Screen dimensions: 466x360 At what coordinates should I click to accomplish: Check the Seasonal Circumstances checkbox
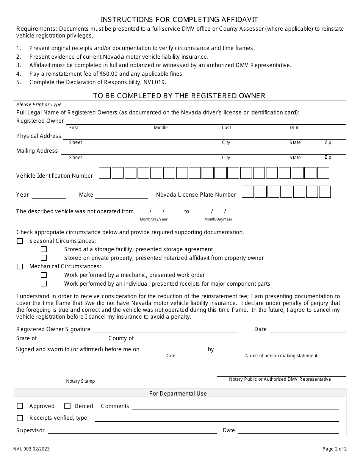tap(20, 241)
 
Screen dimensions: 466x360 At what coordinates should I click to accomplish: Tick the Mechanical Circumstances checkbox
tap(20, 267)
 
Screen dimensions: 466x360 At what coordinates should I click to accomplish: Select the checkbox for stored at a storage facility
tap(44, 249)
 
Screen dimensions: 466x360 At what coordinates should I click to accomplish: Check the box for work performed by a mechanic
tap(44, 275)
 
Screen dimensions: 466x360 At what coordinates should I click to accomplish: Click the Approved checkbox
tap(20, 406)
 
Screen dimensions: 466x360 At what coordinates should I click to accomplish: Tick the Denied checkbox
tap(67, 406)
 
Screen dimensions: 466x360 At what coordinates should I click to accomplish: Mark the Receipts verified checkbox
tap(20, 418)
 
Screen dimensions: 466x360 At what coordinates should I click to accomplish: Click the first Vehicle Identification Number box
tap(105, 173)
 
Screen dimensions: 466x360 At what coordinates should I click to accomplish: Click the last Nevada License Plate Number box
tap(325, 192)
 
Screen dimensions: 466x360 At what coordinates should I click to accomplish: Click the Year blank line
tap(49, 195)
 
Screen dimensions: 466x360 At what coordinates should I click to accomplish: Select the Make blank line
tap(121, 195)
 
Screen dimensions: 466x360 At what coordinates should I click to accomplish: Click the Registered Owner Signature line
tap(165, 330)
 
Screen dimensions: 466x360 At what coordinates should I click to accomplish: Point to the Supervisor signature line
tap(132, 431)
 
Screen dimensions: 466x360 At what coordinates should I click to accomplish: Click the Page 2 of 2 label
tap(335, 449)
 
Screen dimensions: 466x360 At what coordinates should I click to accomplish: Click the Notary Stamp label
tap(80, 381)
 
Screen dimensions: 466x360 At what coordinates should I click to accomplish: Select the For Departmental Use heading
tap(178, 394)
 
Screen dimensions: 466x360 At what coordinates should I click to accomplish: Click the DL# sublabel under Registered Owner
tap(294, 128)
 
